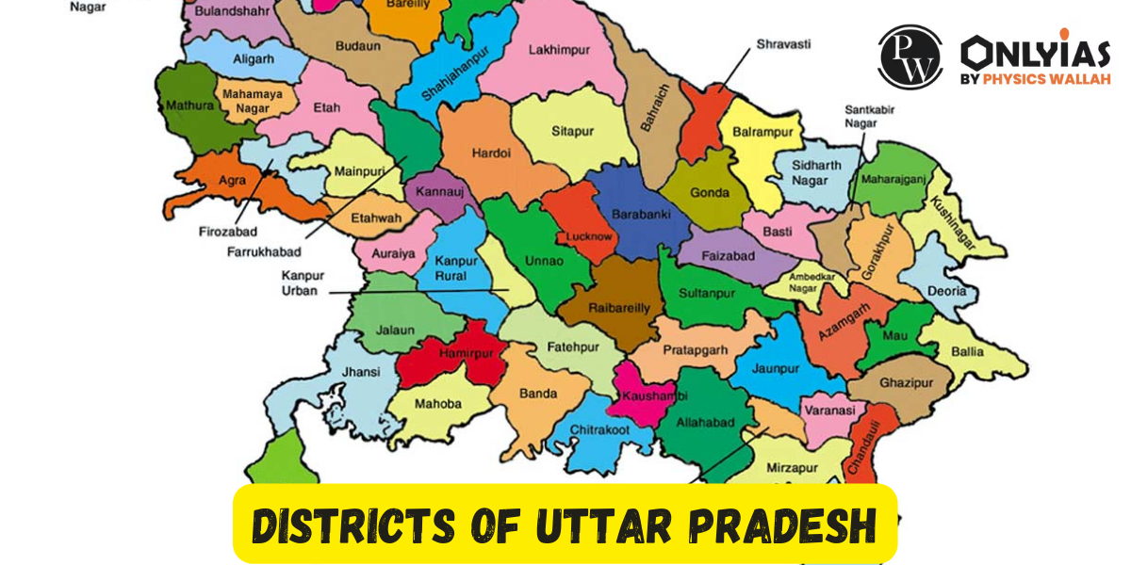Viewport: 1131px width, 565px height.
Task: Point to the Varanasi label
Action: [x=829, y=411]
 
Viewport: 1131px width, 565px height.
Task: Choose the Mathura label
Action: [x=189, y=105]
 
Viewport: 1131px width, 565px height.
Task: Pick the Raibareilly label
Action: [x=606, y=308]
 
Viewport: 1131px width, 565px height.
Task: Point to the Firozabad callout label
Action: [x=227, y=232]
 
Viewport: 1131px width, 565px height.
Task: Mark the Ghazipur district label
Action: [x=905, y=384]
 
